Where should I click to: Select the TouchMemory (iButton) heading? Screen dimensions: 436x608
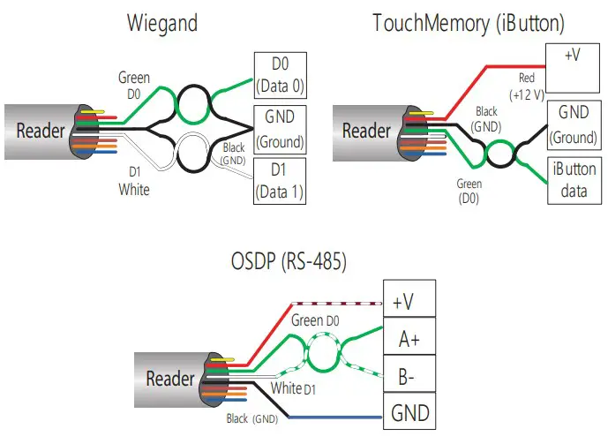coord(469,23)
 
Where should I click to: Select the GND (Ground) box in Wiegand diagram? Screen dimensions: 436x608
coord(279,128)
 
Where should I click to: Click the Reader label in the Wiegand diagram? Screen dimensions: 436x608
coord(41,132)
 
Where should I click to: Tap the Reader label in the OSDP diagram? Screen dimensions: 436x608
coord(169,379)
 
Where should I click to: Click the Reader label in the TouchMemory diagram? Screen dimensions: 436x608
coord(366,132)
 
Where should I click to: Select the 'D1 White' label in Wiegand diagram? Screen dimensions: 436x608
coord(134,183)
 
